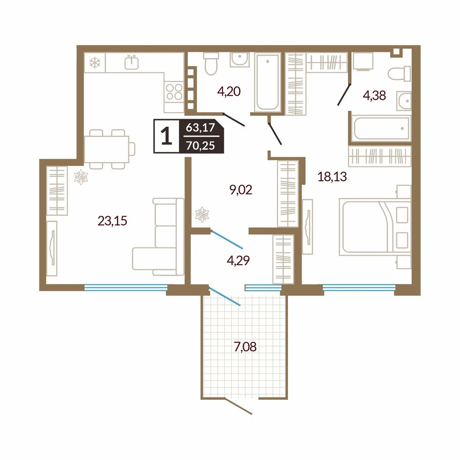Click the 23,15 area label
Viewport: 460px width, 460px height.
pos(112,221)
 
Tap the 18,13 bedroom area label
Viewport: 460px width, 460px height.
pos(332,177)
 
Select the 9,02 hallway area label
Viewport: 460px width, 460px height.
pos(241,190)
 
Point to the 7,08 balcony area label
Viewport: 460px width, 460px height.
pos(245,347)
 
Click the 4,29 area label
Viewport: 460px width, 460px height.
pos(238,260)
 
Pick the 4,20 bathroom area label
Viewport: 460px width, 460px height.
pos(229,91)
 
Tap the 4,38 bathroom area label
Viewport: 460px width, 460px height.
pos(374,95)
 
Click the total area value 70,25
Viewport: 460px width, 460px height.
pos(201,145)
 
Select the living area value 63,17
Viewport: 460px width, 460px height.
pos(201,127)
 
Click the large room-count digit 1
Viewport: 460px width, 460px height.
pos(167,137)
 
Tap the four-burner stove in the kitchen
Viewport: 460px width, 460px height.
pos(174,92)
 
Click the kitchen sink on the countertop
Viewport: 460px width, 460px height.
pos(132,63)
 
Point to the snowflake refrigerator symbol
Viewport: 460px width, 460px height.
pos(95,63)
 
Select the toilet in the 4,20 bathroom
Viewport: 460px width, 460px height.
pos(211,63)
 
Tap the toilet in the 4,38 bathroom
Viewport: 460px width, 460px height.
pos(399,74)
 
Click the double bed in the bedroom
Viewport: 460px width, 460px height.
pos(375,227)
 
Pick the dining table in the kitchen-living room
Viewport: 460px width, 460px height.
pos(107,149)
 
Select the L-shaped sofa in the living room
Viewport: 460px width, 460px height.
pos(158,237)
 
